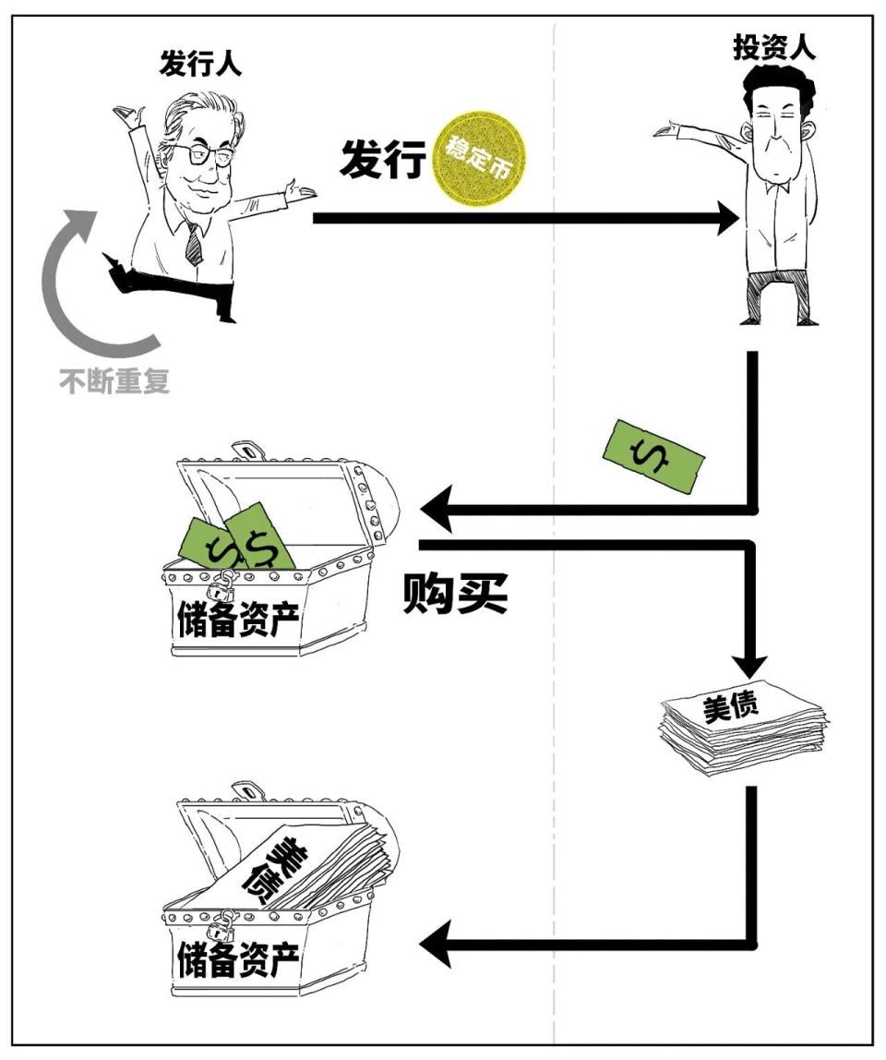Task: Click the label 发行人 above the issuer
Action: [201, 64]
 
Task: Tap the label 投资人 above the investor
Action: [774, 48]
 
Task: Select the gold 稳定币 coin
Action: [479, 159]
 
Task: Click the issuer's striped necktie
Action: [193, 243]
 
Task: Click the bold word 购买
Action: [455, 596]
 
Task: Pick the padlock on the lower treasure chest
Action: [222, 923]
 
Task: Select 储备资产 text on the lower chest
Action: [238, 960]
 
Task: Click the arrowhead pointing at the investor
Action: [724, 219]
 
